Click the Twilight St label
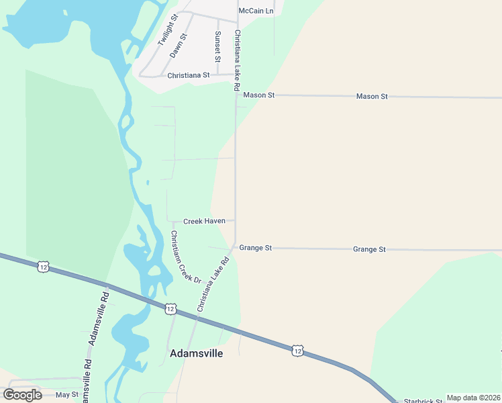point(167,30)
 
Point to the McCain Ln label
point(256,11)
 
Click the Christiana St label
point(189,76)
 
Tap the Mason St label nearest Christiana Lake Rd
point(259,95)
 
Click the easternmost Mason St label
point(372,97)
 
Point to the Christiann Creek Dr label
point(186,257)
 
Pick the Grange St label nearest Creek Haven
point(255,248)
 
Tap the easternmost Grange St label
point(369,249)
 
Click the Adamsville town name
point(197,353)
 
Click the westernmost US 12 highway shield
point(44,267)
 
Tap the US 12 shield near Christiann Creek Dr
point(170,309)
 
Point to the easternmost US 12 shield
point(297,350)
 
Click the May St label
point(67,395)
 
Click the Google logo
point(23,395)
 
